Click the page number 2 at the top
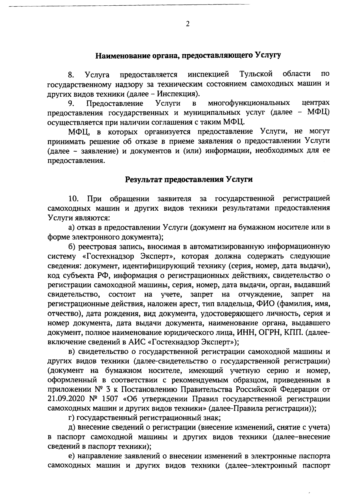click(x=187, y=24)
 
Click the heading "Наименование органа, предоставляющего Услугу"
click(x=188, y=56)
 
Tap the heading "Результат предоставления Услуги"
click(x=189, y=180)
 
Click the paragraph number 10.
click(x=73, y=199)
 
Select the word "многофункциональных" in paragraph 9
click(x=249, y=104)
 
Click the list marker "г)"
click(x=71, y=418)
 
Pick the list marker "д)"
click(x=72, y=427)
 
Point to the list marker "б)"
click(x=72, y=247)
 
